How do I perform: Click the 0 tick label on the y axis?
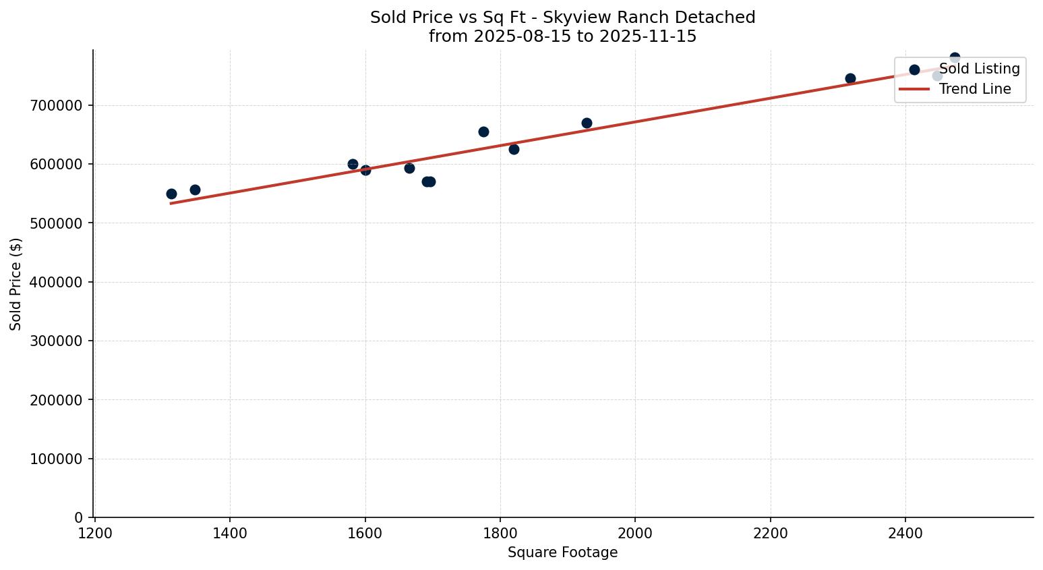pyautogui.click(x=79, y=517)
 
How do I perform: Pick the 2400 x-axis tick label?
pyautogui.click(x=905, y=533)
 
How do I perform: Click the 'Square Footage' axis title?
pyautogui.click(x=562, y=553)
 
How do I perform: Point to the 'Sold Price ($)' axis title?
pyautogui.click(x=16, y=283)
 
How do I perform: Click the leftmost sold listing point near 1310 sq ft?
pyautogui.click(x=171, y=194)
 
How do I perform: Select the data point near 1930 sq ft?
pyautogui.click(x=587, y=123)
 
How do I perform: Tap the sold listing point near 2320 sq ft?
pyautogui.click(x=850, y=78)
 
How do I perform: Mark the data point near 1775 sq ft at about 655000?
pyautogui.click(x=483, y=132)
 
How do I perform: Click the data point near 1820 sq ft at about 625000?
pyautogui.click(x=514, y=149)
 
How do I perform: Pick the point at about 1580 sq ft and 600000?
pyautogui.click(x=353, y=164)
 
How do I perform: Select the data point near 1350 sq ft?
pyautogui.click(x=195, y=190)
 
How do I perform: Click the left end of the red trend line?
pyautogui.click(x=172, y=203)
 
